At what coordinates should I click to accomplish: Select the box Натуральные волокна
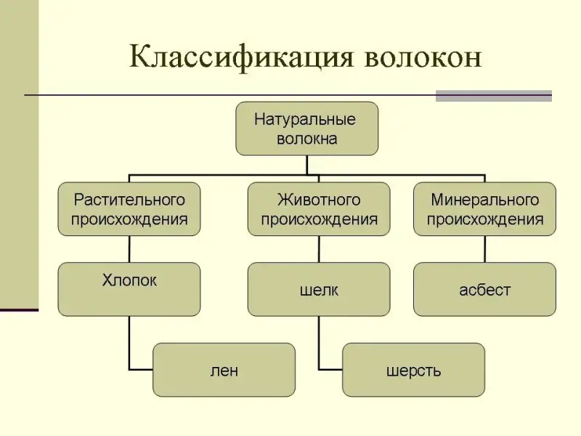[306, 128]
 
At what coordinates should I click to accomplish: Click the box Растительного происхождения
[129, 209]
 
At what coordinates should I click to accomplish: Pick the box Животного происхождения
[318, 209]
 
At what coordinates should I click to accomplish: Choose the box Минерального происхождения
[484, 209]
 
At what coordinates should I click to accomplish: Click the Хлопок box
[129, 288]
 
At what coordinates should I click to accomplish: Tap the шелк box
[318, 288]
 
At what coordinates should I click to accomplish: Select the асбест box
[484, 288]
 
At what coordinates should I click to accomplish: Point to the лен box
[224, 369]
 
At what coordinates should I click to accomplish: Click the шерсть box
[413, 369]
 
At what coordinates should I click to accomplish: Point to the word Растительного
[129, 199]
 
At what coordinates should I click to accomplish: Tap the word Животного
[319, 199]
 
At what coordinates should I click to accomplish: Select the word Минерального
[485, 199]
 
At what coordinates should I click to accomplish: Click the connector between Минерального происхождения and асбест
[484, 249]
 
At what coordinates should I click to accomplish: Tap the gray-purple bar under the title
[493, 96]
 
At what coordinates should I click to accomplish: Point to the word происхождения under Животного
[319, 219]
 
